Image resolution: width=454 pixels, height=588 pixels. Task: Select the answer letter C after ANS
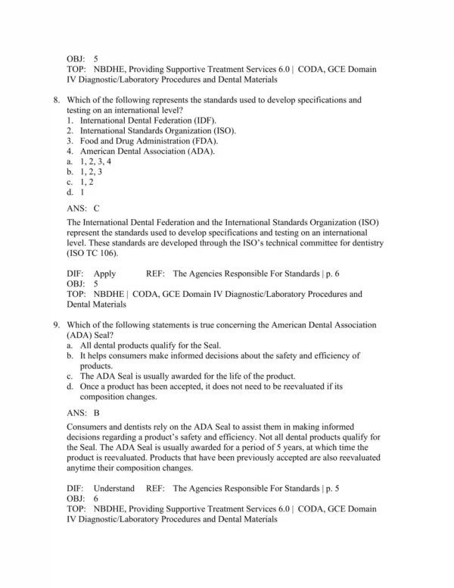point(96,206)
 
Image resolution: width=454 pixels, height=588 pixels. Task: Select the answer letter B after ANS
point(96,413)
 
